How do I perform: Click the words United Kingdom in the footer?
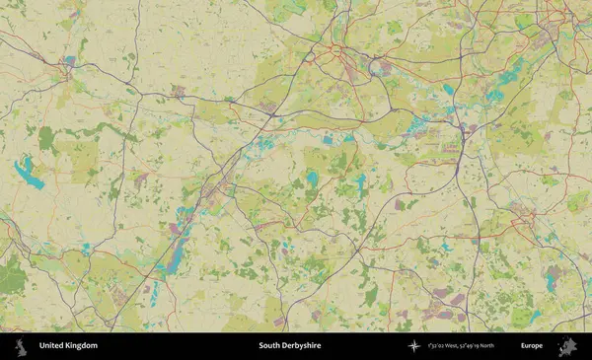(68, 346)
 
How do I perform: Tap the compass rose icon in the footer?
(413, 346)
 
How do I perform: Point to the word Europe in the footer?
(532, 346)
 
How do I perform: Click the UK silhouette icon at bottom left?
(20, 346)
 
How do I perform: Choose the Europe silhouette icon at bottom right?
(567, 346)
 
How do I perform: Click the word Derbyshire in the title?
(305, 346)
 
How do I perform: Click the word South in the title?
(269, 346)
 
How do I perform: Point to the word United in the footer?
(51, 346)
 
